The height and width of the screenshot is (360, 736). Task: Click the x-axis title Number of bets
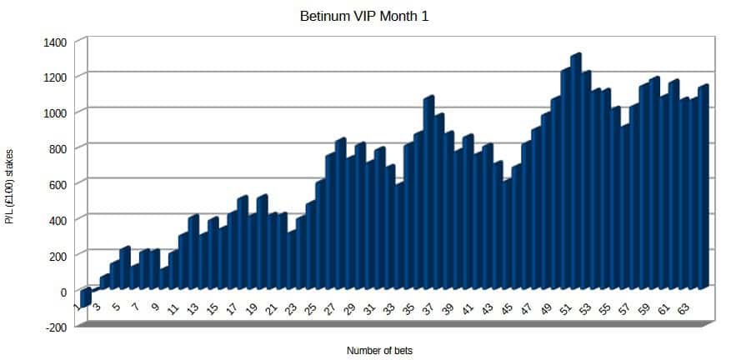click(379, 351)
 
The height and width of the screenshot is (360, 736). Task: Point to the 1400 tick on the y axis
click(59, 41)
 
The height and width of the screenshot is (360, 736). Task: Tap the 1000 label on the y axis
click(59, 112)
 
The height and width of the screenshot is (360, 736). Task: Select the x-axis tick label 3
click(97, 308)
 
